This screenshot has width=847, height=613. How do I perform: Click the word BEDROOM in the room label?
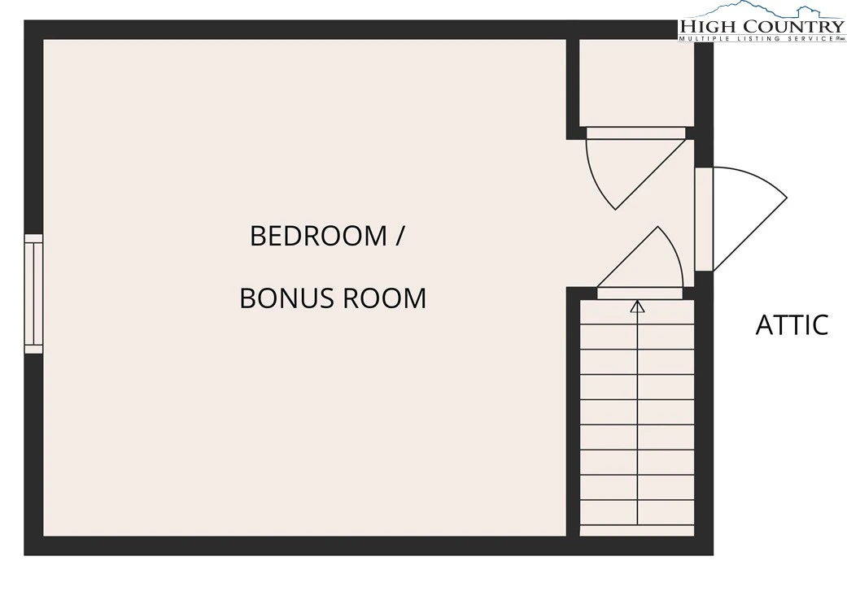[319, 236]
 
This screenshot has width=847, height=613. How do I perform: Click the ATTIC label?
[792, 325]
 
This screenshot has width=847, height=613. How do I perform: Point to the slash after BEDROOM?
[399, 236]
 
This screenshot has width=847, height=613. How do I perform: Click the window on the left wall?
[33, 294]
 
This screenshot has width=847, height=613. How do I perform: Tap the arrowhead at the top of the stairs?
[638, 306]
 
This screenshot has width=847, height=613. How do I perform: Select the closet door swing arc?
[596, 178]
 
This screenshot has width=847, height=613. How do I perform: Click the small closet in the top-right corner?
[637, 83]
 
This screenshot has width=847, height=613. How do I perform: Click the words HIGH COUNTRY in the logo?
[762, 27]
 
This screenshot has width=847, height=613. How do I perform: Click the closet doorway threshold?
[636, 133]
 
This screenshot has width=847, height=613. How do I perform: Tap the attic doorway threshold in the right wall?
[704, 219]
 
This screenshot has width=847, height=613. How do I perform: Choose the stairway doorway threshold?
[640, 294]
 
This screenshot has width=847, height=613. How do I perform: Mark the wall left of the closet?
[573, 89]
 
